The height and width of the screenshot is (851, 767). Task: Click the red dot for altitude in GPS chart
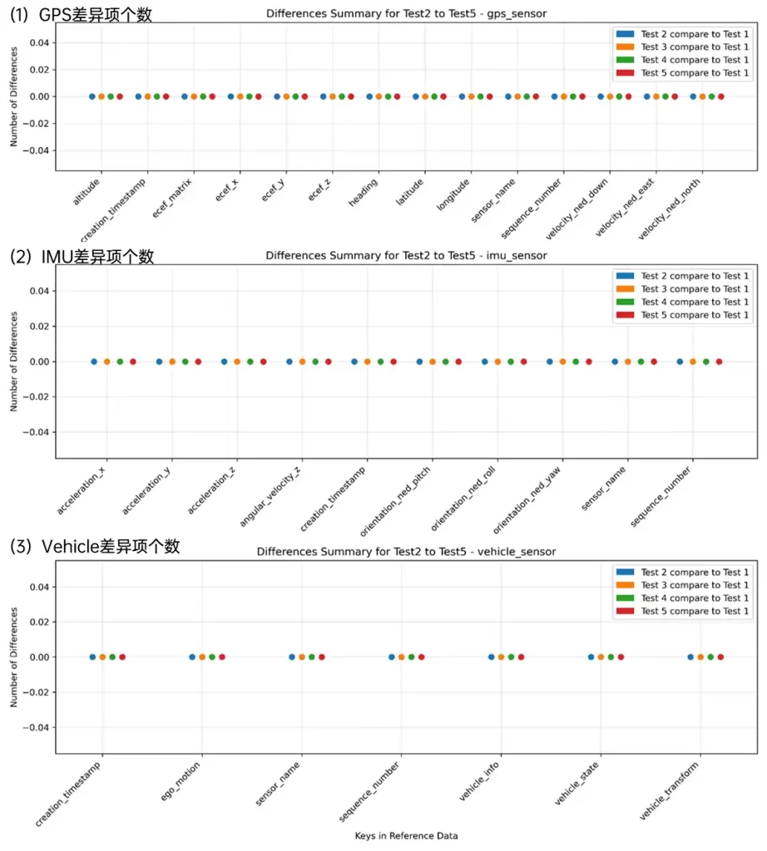pyautogui.click(x=120, y=96)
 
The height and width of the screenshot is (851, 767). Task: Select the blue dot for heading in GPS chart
pyautogui.click(x=369, y=96)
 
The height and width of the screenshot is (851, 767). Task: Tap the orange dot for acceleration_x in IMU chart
pyautogui.click(x=107, y=362)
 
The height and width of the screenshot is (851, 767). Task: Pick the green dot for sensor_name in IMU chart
pyautogui.click(x=641, y=362)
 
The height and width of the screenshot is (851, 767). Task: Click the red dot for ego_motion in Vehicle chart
pyautogui.click(x=222, y=657)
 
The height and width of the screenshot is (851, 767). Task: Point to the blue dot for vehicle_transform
pyautogui.click(x=690, y=657)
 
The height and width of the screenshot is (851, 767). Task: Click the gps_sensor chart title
pyautogui.click(x=406, y=14)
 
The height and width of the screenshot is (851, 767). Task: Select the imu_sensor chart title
pyautogui.click(x=406, y=255)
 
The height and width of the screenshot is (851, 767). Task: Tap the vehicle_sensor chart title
pyautogui.click(x=406, y=551)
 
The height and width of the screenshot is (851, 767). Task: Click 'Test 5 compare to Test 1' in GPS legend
pyautogui.click(x=695, y=73)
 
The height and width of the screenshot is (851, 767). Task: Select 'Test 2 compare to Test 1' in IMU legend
pyautogui.click(x=695, y=276)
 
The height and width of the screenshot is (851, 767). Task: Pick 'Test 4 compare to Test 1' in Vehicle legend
pyautogui.click(x=695, y=598)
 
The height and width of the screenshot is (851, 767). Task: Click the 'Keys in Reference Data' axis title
pyautogui.click(x=406, y=835)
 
